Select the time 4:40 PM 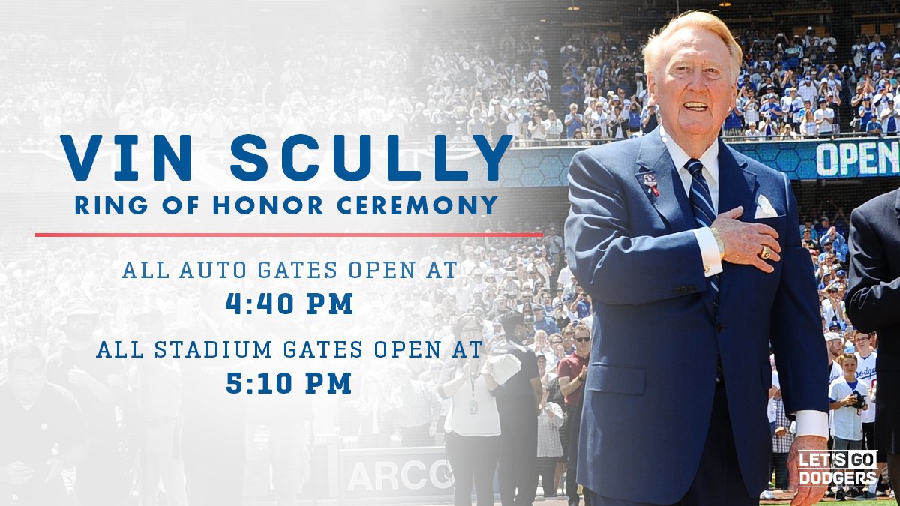click(x=289, y=304)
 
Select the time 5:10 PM click(x=289, y=383)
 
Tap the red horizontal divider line click(x=288, y=235)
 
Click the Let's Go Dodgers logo click(x=837, y=469)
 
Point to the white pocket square click(x=765, y=207)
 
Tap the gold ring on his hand click(x=765, y=253)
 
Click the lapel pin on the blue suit click(x=649, y=181)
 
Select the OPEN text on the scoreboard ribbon click(x=857, y=158)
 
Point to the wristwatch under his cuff click(x=718, y=241)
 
